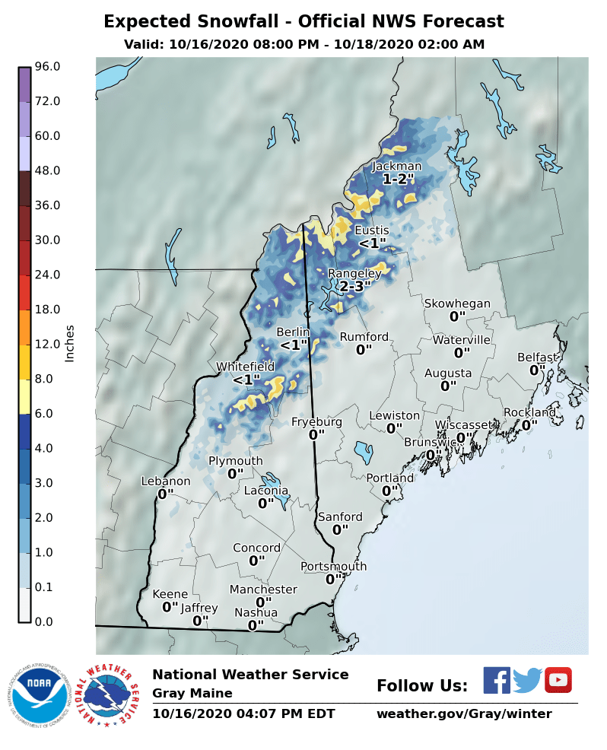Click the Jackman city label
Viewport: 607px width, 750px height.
[396, 167]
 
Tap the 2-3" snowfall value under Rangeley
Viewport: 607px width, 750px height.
[354, 287]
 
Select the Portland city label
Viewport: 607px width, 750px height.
[390, 478]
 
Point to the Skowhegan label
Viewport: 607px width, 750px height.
[457, 303]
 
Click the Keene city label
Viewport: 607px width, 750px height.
[170, 594]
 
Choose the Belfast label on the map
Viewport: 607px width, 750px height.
[538, 357]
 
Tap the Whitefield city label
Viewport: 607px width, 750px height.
[245, 366]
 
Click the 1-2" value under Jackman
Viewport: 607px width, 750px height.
[398, 180]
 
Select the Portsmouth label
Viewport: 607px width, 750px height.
[333, 566]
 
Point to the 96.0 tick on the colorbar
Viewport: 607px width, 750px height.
[47, 67]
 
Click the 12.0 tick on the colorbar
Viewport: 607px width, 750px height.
[47, 344]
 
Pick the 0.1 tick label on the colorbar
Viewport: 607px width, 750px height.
[44, 586]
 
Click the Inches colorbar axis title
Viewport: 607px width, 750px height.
[70, 343]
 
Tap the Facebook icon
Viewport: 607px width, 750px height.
[497, 680]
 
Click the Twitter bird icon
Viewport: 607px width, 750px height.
[527, 680]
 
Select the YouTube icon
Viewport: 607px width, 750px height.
[558, 680]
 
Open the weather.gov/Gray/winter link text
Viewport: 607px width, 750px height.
[464, 714]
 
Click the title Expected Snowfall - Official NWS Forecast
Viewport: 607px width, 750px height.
[303, 21]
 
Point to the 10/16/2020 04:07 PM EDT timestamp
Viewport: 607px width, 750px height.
[243, 714]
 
